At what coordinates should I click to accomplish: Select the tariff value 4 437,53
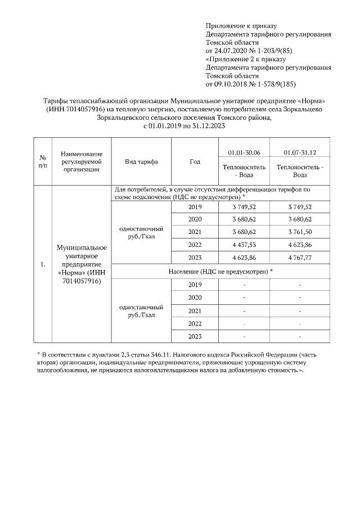pos(244,245)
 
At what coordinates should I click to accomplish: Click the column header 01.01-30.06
pos(244,152)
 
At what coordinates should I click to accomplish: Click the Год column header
pos(195,161)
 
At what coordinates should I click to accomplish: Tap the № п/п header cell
pos(42,161)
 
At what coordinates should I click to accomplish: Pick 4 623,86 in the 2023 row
pos(244,258)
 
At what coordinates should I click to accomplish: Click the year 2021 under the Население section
pos(195,310)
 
